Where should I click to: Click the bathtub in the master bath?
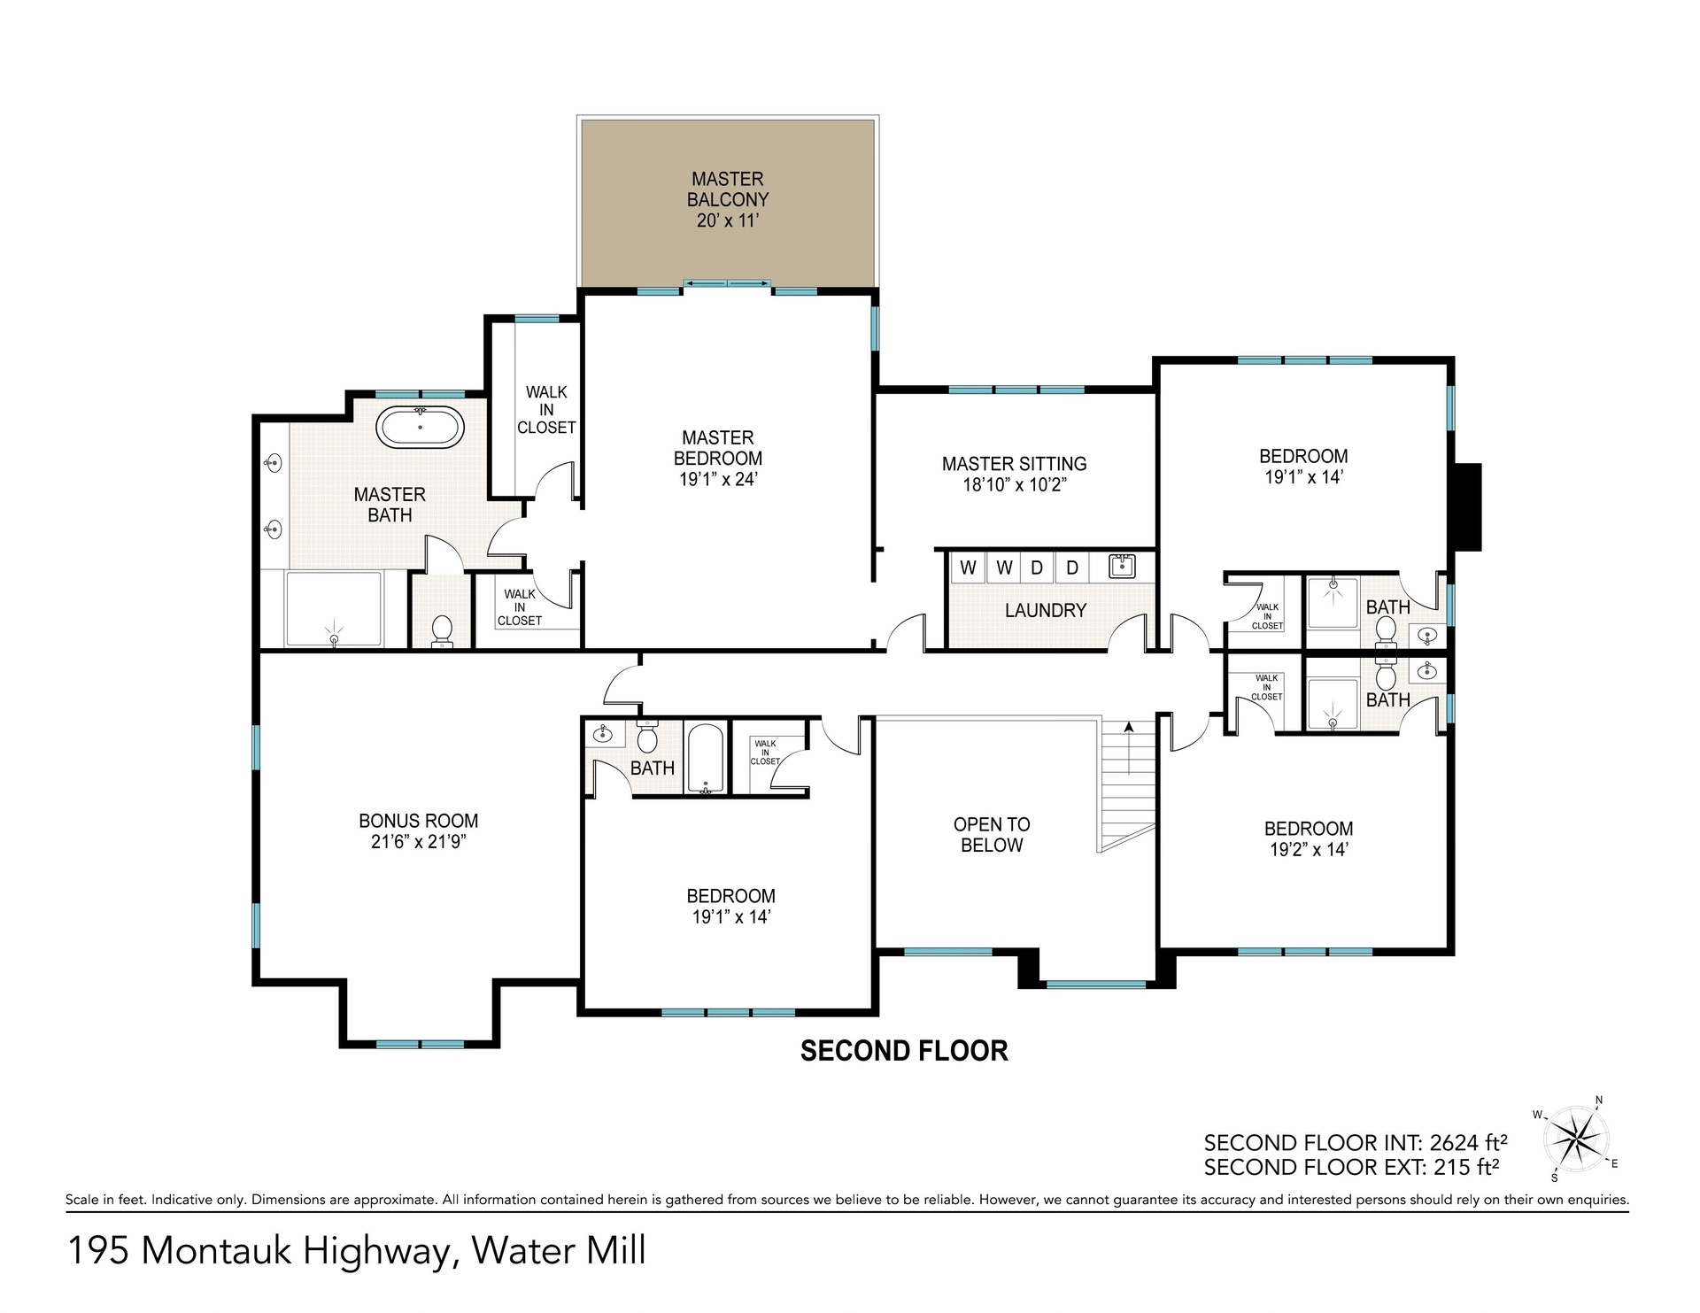coord(420,428)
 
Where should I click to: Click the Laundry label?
coord(1046,610)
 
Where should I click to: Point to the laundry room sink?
coord(1122,565)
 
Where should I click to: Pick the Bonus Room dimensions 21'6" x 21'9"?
coord(419,842)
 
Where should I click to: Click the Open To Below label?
coord(992,835)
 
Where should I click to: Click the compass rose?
coord(1577,1139)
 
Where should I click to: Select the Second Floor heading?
coord(904,1051)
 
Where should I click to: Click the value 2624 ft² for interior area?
coord(1469,1142)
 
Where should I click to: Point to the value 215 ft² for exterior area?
coord(1466,1167)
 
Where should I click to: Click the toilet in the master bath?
coord(441,632)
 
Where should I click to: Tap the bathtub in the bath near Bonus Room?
coord(706,759)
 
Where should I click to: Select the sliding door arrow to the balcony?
coord(727,283)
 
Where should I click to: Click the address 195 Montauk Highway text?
coord(260,1251)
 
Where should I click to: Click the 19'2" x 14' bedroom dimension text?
coord(1309,850)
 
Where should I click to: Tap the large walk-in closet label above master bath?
coord(546,410)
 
